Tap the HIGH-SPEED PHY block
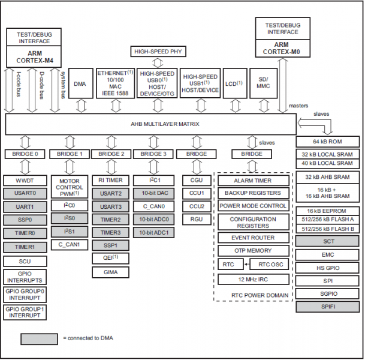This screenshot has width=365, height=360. click(156, 51)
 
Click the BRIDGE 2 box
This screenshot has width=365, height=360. click(110, 154)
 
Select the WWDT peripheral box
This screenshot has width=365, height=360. click(24, 180)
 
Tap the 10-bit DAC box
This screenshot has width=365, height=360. click(153, 193)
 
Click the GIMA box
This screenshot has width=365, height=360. click(110, 272)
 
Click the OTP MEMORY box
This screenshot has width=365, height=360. click(252, 250)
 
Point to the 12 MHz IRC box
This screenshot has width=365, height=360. click(252, 279)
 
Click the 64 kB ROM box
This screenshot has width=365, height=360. click(328, 142)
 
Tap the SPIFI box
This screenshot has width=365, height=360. click(328, 306)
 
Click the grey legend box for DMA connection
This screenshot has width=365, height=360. click(38, 338)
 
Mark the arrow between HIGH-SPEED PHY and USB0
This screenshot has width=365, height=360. click(156, 62)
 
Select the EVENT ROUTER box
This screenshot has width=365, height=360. click(252, 237)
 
